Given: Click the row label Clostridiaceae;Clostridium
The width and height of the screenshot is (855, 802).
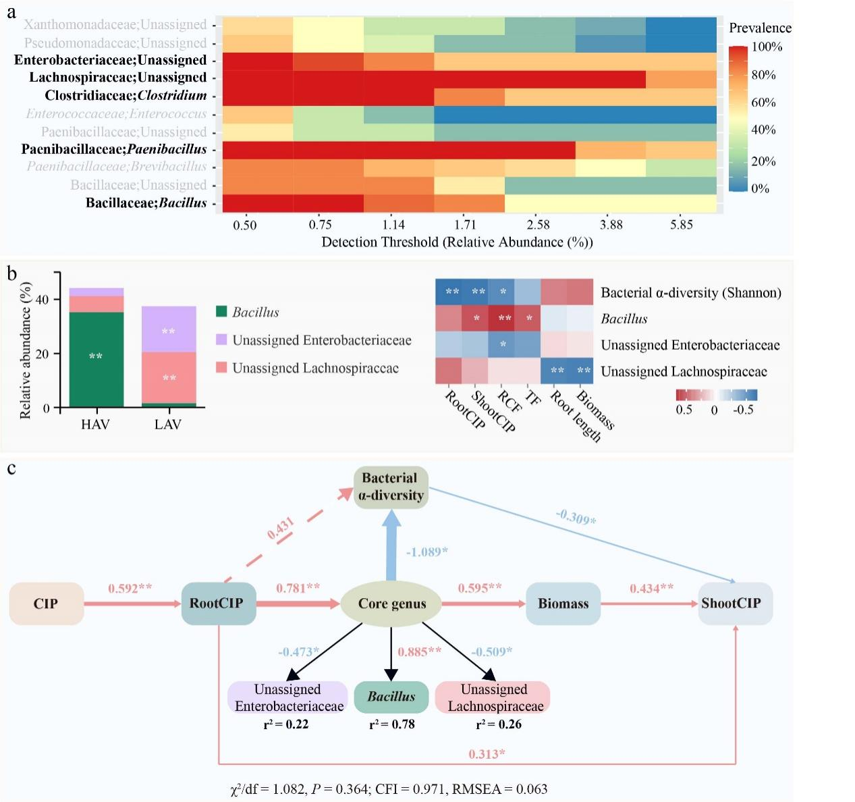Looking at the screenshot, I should point(126,95).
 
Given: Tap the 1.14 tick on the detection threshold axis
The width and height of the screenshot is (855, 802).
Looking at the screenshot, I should point(393,225).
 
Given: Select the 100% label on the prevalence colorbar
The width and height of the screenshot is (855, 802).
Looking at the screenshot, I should point(767,47).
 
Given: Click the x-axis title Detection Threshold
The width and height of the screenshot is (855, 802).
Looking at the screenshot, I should point(457,242).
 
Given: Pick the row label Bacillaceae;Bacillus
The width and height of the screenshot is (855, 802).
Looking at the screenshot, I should point(146,203).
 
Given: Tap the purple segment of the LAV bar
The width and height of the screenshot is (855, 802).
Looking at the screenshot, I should point(169,329).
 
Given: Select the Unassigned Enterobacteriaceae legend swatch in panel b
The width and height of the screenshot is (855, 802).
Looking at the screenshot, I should point(221,340).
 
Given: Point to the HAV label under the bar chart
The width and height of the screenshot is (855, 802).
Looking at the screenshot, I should point(95,425).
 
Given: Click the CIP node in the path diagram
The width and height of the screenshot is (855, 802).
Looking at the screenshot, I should point(46,604).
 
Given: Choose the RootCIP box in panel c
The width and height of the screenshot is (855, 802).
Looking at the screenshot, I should point(217,604).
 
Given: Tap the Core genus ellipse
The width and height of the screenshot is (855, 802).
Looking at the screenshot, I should point(391,604).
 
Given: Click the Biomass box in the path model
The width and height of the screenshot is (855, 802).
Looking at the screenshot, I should point(563,604).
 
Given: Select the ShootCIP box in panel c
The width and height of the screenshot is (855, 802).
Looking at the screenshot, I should point(734,604).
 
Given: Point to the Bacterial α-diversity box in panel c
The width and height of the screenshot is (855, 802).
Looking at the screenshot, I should point(391,487).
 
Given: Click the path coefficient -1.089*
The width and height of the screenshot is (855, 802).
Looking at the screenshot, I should point(426,552).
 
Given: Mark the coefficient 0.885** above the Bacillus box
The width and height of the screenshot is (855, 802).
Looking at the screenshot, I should point(419,651).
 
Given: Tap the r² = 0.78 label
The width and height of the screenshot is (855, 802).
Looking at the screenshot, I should point(391,724).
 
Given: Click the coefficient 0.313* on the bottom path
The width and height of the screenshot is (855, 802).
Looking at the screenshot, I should point(487,754).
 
